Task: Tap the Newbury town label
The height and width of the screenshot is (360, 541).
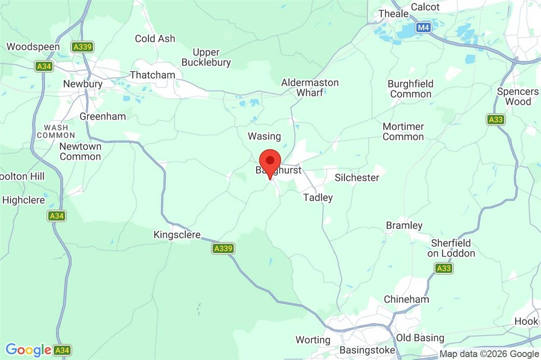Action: pyautogui.click(x=83, y=84)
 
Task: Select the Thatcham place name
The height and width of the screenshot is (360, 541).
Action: pyautogui.click(x=152, y=75)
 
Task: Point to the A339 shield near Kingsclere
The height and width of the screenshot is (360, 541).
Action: pyautogui.click(x=223, y=248)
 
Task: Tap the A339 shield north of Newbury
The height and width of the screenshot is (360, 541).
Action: pyautogui.click(x=82, y=47)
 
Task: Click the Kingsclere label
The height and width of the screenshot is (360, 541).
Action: pyautogui.click(x=177, y=235)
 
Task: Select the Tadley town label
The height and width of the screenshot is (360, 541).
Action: pyautogui.click(x=318, y=198)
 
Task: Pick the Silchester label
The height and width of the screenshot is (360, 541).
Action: pyautogui.click(x=357, y=178)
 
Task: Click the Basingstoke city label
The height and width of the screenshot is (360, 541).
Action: pyautogui.click(x=367, y=350)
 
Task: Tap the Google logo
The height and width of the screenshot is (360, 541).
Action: pyautogui.click(x=28, y=350)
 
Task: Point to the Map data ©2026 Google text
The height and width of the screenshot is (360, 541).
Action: pyautogui.click(x=489, y=354)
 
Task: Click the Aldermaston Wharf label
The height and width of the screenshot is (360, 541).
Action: pyautogui.click(x=310, y=88)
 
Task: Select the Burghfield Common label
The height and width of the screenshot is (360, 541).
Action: pyautogui.click(x=411, y=89)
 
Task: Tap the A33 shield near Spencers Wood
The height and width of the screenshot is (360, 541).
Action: pyautogui.click(x=495, y=120)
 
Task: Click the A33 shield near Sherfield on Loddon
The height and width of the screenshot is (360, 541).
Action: pyautogui.click(x=444, y=268)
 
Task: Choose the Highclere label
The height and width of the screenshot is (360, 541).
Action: pyautogui.click(x=23, y=200)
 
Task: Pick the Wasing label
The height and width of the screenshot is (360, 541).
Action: pyautogui.click(x=264, y=136)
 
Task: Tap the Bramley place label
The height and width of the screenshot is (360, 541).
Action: pyautogui.click(x=404, y=226)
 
